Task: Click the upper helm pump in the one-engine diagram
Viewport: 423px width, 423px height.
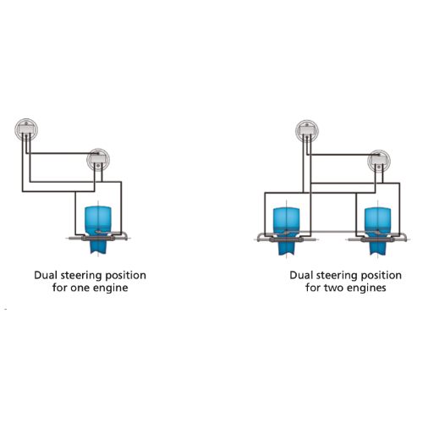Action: coord(26,129)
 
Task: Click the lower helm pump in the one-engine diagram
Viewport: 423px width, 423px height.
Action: coord(98,160)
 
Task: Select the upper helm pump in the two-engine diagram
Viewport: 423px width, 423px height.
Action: coord(307,131)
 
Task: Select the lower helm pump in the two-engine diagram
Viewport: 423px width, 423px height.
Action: coord(379,162)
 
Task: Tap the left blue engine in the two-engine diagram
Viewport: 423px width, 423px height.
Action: coord(286,231)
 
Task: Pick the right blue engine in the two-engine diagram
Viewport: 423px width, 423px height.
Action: coord(377,231)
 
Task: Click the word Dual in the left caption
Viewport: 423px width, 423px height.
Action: coord(46,275)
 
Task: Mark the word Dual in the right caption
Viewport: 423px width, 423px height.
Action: coord(301,275)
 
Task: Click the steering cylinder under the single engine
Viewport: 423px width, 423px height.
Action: coord(98,239)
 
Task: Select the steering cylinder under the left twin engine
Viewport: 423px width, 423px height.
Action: coord(287,240)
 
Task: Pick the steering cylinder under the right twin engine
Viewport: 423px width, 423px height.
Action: coord(378,240)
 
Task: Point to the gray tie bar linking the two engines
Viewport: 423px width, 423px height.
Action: coord(332,232)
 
